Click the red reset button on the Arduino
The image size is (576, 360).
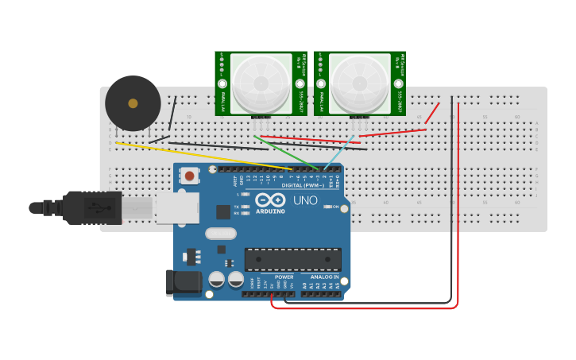click(189, 176)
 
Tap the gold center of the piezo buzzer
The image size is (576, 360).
click(133, 103)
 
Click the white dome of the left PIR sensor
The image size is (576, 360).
click(261, 82)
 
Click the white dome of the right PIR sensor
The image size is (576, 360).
click(360, 82)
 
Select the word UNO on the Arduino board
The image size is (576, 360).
click(306, 200)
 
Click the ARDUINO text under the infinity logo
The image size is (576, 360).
click(270, 211)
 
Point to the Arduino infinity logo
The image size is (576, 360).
click(270, 200)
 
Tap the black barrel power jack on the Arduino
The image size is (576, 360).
click(181, 283)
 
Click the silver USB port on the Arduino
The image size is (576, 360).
click(176, 208)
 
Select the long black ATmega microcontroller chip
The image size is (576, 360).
click(292, 259)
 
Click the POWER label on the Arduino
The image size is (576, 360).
click(284, 277)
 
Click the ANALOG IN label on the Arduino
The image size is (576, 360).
click(323, 277)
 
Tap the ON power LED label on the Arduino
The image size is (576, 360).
click(334, 207)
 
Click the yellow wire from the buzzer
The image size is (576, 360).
click(199, 156)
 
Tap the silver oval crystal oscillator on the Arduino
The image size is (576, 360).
click(220, 234)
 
